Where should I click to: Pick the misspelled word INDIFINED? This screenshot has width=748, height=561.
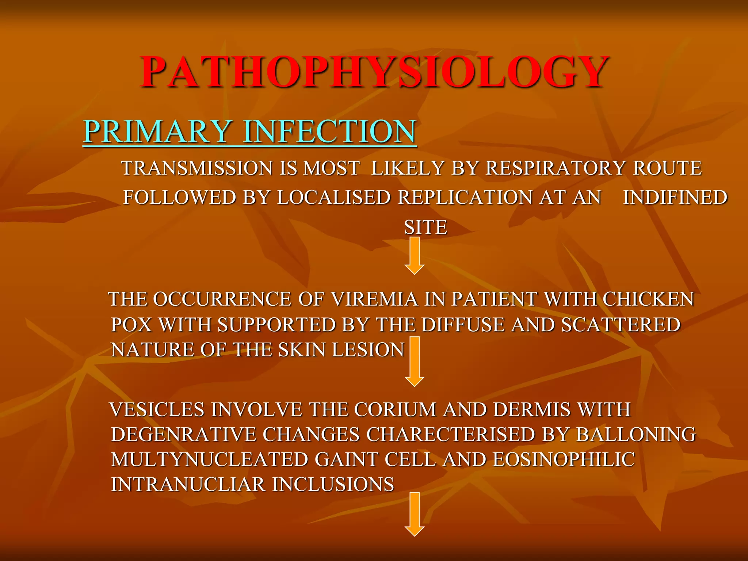pyautogui.click(x=675, y=198)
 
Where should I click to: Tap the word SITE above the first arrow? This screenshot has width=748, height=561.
pyautogui.click(x=425, y=227)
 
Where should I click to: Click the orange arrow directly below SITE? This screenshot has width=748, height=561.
pyautogui.click(x=415, y=256)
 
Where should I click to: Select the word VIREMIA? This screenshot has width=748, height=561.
pyautogui.click(x=374, y=299)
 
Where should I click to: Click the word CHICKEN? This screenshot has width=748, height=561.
pyautogui.click(x=648, y=299)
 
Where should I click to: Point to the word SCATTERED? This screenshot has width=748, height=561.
pyautogui.click(x=621, y=324)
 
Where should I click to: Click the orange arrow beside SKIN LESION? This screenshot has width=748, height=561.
pyautogui.click(x=415, y=362)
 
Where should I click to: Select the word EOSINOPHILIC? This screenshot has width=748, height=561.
pyautogui.click(x=564, y=459)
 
